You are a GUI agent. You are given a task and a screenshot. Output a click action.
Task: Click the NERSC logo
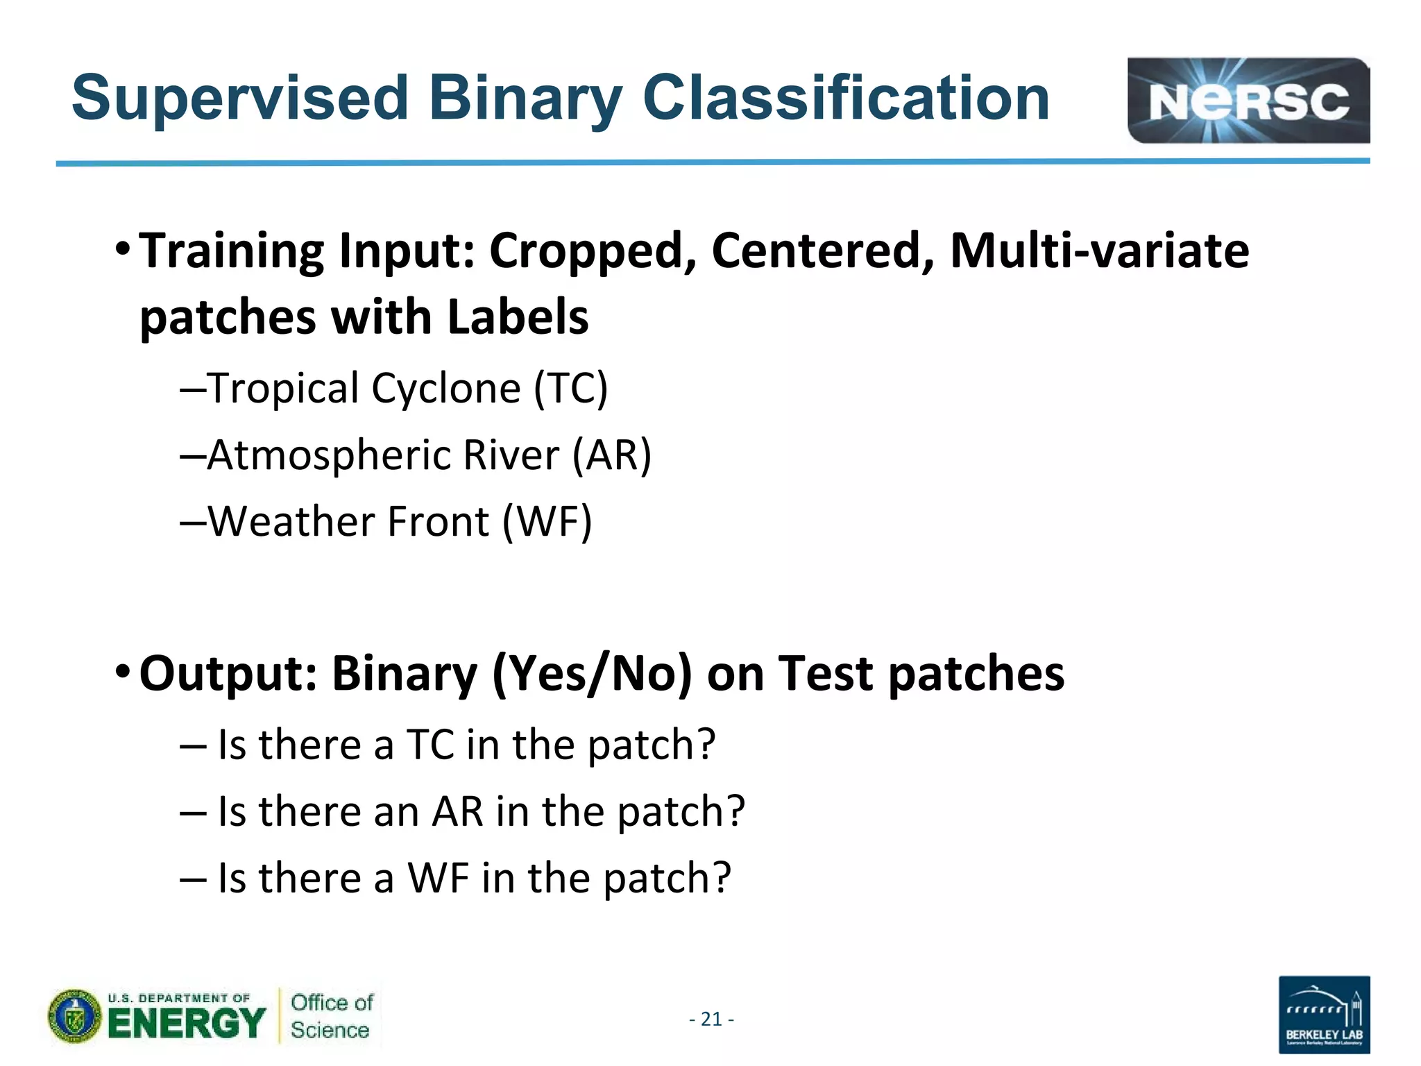(1248, 101)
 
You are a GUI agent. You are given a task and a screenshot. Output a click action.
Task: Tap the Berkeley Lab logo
(1324, 1014)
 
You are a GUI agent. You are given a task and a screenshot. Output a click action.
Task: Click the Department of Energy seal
(75, 1017)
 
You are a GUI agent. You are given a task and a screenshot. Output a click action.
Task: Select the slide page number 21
(711, 1019)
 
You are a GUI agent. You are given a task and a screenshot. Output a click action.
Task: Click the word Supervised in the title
(240, 99)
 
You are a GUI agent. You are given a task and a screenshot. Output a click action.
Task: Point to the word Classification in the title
(846, 99)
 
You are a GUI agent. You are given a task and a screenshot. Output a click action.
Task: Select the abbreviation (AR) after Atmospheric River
(612, 455)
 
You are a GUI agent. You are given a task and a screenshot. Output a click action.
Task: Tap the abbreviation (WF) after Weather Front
(547, 521)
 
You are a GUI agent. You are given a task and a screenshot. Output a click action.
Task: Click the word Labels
(518, 317)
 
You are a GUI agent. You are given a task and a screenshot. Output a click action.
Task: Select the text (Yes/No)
(592, 673)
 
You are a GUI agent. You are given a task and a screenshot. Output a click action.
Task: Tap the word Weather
(291, 521)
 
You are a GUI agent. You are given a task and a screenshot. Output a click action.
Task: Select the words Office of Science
(331, 1016)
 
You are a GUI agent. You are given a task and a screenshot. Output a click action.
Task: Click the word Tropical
(282, 389)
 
